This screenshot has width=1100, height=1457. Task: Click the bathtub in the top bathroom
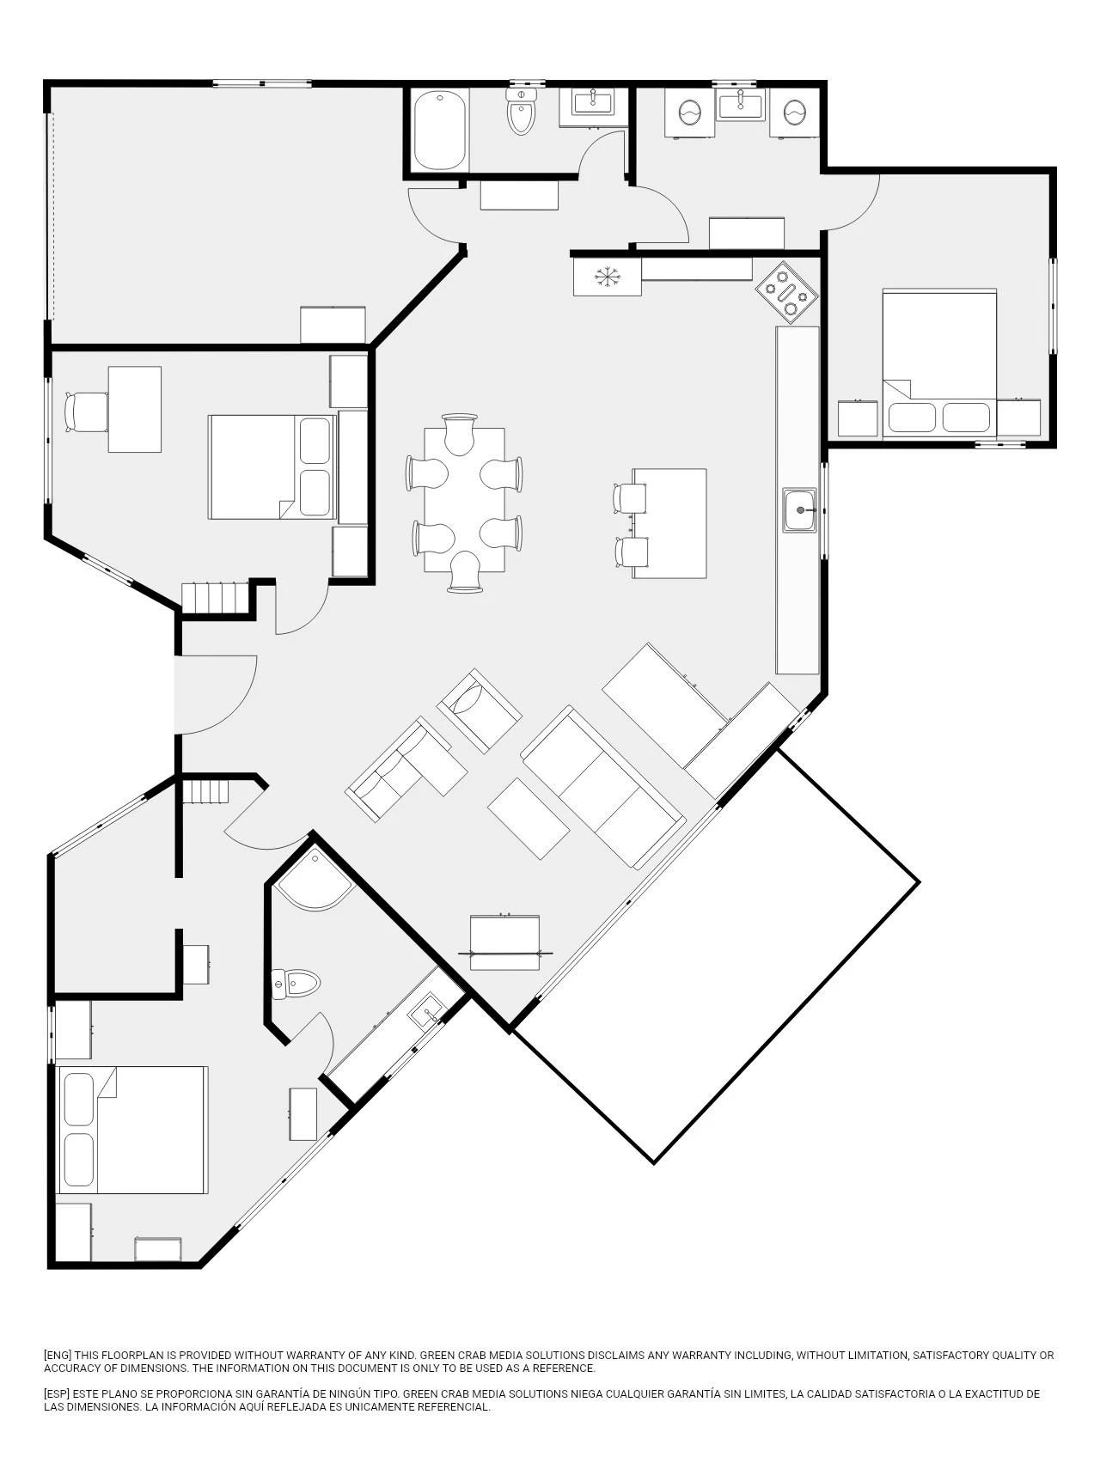click(x=441, y=131)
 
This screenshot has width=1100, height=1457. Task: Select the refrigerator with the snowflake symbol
click(x=608, y=277)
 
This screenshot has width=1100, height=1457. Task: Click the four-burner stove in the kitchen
click(x=787, y=292)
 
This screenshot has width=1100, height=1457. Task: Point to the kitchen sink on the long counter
click(x=800, y=509)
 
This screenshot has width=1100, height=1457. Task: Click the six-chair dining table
click(x=464, y=500)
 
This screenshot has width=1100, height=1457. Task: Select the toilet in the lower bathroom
click(x=295, y=983)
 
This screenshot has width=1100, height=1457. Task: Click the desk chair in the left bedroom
click(x=86, y=411)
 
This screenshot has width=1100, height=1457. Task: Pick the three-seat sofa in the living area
click(x=603, y=787)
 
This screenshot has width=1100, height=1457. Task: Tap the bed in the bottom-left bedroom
click(x=132, y=1131)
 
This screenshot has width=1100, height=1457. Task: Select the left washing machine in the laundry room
click(x=689, y=112)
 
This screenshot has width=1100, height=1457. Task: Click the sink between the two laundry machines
click(x=741, y=104)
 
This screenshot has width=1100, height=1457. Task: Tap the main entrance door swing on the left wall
click(x=216, y=695)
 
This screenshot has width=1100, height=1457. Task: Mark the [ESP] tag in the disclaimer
click(x=58, y=1393)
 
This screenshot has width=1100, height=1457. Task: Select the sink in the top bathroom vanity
click(x=593, y=101)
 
